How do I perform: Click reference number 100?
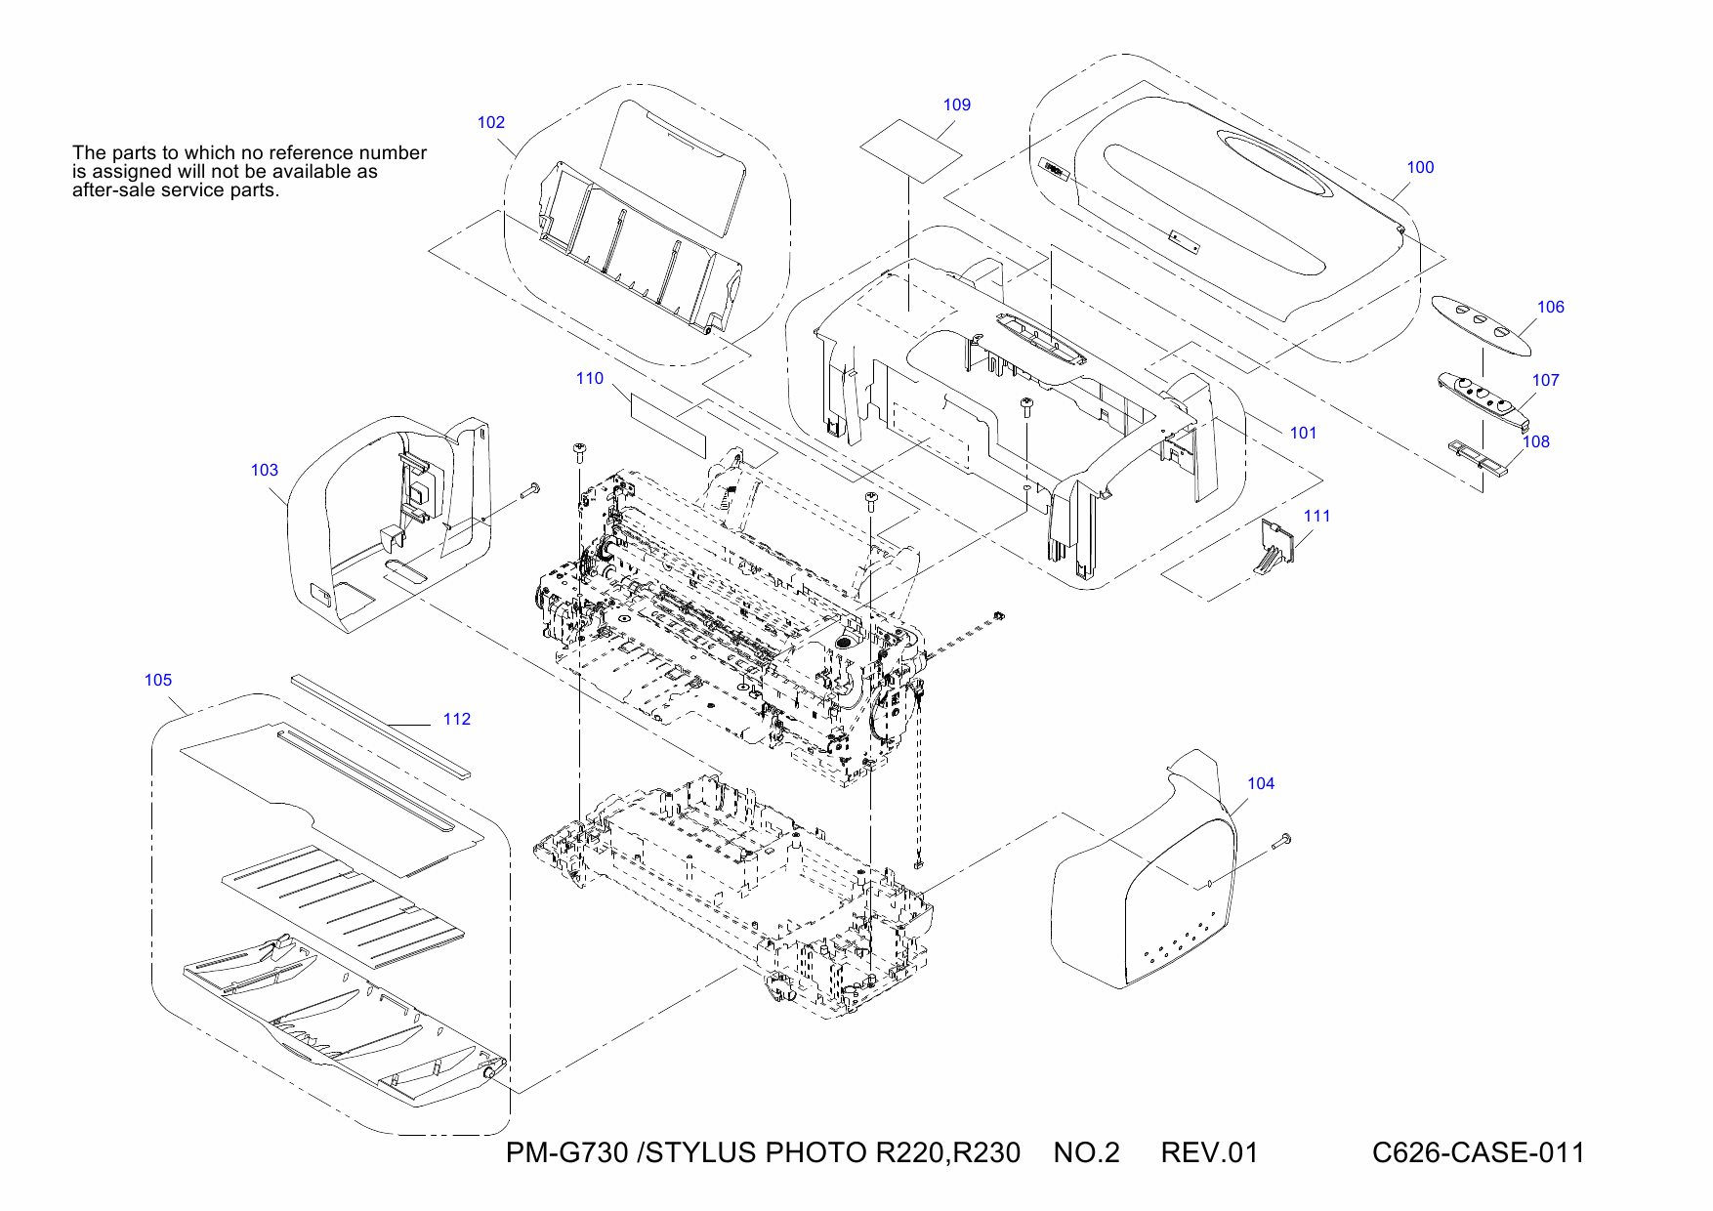(x=1420, y=168)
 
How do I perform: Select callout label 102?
(x=491, y=123)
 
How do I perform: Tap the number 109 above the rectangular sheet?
(x=957, y=105)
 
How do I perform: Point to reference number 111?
(x=1317, y=517)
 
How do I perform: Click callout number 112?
(x=457, y=720)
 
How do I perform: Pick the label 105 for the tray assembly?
(x=158, y=681)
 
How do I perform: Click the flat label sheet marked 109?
(x=910, y=150)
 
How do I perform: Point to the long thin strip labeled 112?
(x=381, y=724)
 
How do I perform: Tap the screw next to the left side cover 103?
(x=530, y=491)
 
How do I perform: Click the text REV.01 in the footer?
(x=1209, y=1153)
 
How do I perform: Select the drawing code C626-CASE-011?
(x=1478, y=1153)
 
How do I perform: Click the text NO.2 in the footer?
(x=1086, y=1153)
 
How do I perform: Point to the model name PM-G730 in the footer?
(x=566, y=1153)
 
